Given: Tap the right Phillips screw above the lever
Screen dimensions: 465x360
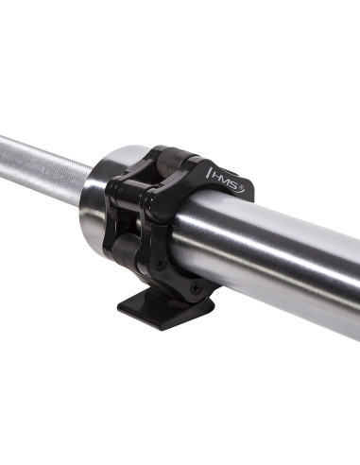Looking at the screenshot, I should [x=195, y=286].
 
